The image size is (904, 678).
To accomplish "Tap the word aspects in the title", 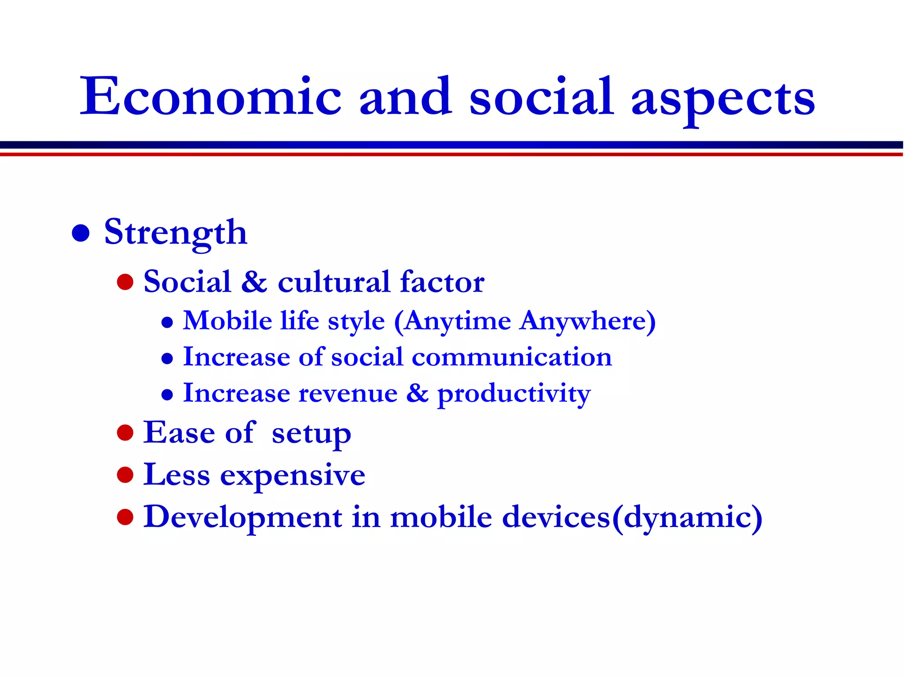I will point(723,98).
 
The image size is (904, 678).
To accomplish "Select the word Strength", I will point(175,233).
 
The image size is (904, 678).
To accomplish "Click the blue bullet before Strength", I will point(81,233).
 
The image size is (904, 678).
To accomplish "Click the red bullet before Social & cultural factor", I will point(125,282).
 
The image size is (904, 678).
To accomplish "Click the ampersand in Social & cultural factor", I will point(254,282).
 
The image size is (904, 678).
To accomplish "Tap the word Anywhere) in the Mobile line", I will point(588,320).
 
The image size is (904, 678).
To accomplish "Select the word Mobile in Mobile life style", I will point(228,320).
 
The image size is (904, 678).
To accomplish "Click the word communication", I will point(512,357).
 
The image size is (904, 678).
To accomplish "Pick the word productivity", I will point(514,394).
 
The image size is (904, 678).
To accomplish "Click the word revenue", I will point(348,394).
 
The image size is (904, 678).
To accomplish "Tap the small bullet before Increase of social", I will point(167,358).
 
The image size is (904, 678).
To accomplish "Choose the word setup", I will point(312,433).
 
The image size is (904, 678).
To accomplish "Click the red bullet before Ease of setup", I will point(125,433).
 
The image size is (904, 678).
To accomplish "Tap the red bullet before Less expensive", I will point(125,475).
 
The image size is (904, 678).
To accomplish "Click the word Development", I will point(243,517).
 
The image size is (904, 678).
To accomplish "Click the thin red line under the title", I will point(452,154).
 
